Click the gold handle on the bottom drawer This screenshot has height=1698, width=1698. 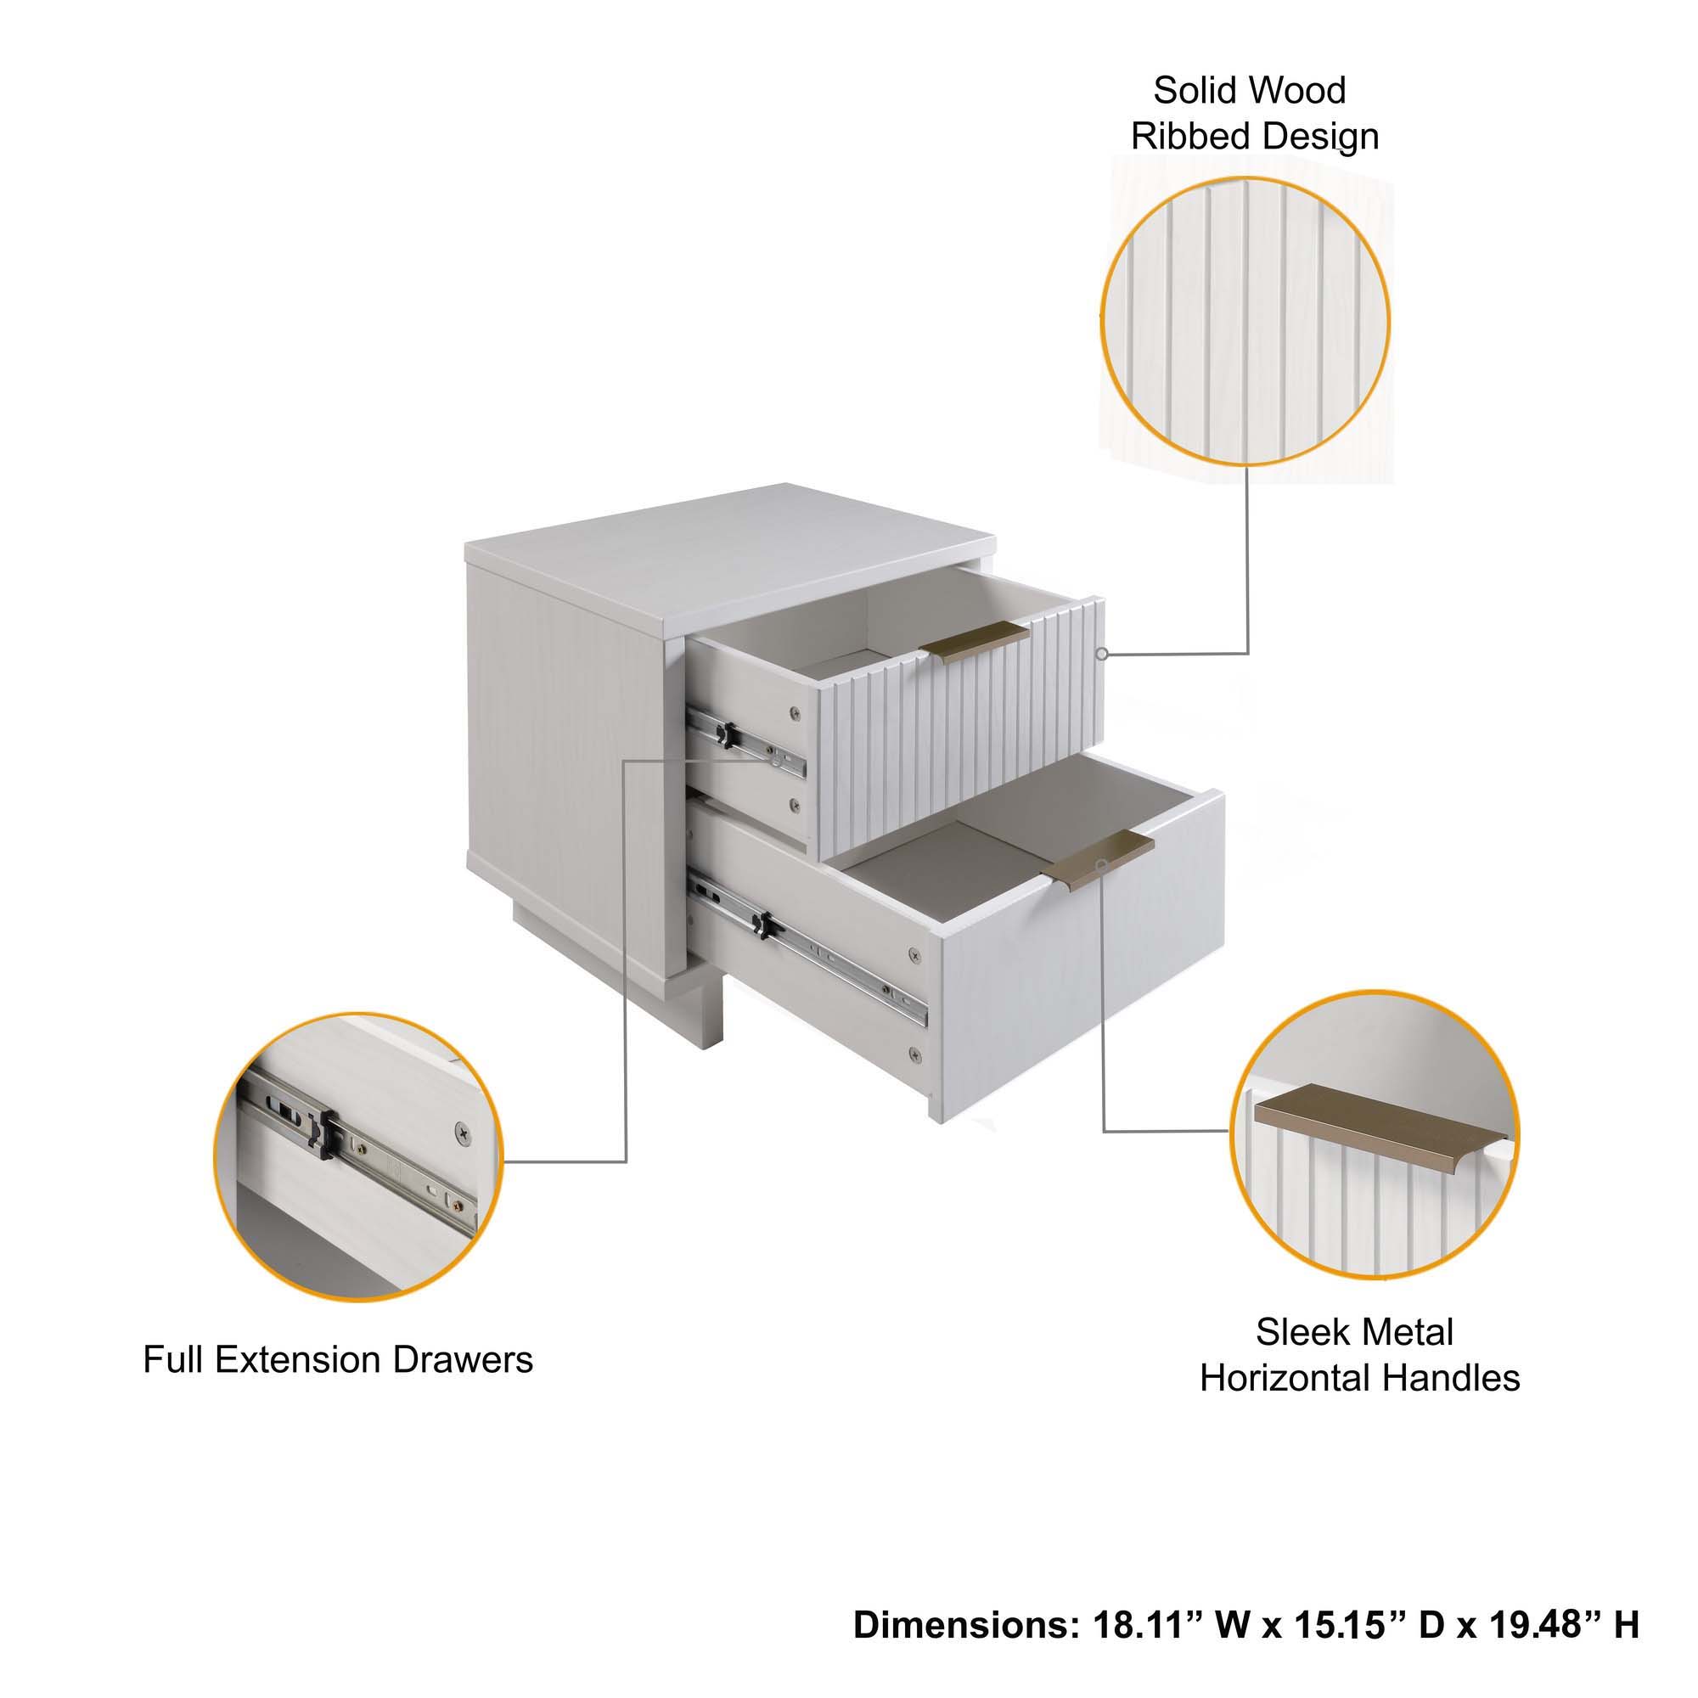pos(1098,858)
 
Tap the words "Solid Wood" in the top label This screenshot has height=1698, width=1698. pos(1249,91)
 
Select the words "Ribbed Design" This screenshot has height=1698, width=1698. pos(1254,137)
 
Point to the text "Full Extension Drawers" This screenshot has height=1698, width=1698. pos(338,1359)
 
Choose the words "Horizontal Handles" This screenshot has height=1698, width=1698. pos(1358,1378)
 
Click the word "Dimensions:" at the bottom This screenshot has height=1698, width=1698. pos(966,1625)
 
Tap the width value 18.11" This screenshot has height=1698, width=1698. pos(1148,1625)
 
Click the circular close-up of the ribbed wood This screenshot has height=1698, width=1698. pos(1245,323)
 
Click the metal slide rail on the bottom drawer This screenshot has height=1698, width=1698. pos(808,951)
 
